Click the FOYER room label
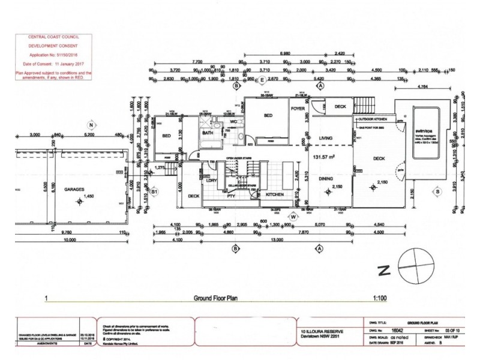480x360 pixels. point(298,109)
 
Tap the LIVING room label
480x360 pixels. point(325,139)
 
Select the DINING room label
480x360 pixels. point(325,178)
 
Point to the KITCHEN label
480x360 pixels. point(268,195)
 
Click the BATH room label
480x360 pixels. point(208,133)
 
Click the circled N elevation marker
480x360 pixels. point(91,125)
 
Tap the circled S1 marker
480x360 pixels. point(154,191)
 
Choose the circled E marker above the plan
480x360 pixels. point(261,79)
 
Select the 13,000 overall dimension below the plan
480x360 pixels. point(277,240)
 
